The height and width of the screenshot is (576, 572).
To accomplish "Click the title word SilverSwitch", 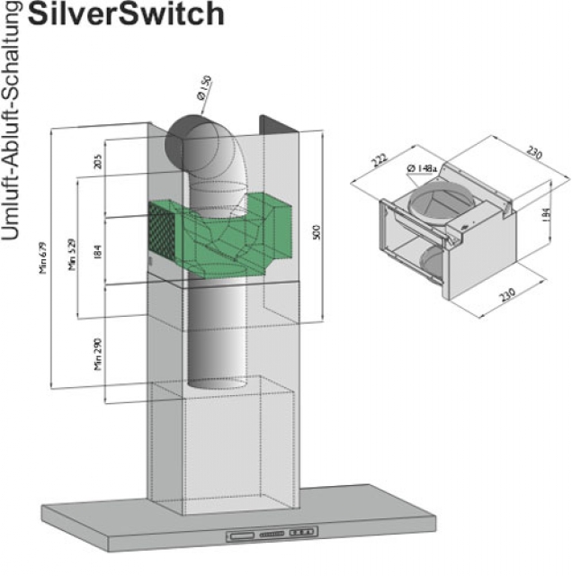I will click(127, 13).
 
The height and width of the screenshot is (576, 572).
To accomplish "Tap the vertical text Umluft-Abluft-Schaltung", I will click(12, 121).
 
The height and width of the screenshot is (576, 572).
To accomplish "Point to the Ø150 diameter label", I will click(204, 88).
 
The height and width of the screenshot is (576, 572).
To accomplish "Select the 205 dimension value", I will click(96, 161).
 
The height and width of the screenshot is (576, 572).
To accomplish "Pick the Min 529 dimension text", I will click(71, 255).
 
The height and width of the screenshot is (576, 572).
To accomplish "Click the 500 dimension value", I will click(315, 232).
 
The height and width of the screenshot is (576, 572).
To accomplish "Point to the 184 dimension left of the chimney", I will click(96, 251).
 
